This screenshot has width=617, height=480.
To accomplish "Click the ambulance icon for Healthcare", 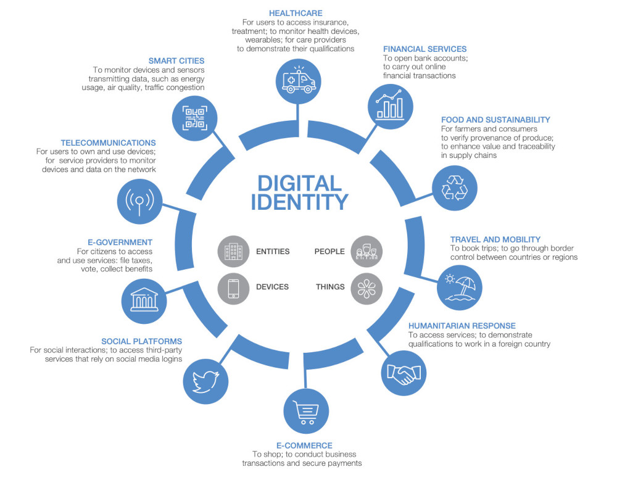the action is (299, 81).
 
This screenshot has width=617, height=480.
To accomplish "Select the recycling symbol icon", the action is (455, 188).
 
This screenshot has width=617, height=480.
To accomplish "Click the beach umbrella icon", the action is (460, 288).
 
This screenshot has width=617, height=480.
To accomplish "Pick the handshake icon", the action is (404, 373).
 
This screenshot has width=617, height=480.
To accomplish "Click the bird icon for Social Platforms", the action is (205, 381).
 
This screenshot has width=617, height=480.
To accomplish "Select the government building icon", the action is (144, 301).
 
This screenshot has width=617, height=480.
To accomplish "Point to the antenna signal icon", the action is (139, 202).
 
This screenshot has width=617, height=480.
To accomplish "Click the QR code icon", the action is (195, 118).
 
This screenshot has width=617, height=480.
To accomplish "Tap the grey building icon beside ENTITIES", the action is (233, 251).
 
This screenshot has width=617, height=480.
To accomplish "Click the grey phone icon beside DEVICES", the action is (233, 289).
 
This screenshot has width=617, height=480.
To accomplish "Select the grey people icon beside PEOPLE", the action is (366, 251).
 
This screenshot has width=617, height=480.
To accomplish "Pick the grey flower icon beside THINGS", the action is (366, 289).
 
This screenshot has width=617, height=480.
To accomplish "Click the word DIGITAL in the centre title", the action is (299, 184).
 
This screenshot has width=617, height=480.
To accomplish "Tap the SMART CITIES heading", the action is (176, 61).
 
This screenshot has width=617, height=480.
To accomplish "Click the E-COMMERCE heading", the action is (304, 446).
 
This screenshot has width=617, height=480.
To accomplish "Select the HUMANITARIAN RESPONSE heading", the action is (462, 326).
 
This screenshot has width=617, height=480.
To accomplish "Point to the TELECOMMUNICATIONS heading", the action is (108, 143).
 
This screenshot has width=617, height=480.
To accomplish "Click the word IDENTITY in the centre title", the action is (299, 202).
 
